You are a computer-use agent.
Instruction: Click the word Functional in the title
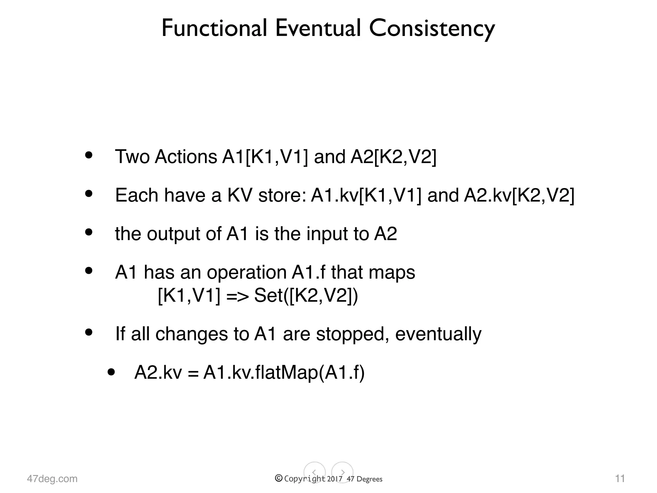(214, 28)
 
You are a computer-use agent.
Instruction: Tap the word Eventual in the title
(318, 28)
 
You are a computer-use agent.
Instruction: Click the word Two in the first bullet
(132, 157)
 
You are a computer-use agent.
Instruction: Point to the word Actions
(186, 157)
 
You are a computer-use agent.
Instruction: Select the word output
(174, 234)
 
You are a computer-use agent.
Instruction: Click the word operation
(247, 272)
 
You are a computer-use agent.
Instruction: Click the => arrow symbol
(237, 296)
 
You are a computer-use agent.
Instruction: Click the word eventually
(438, 334)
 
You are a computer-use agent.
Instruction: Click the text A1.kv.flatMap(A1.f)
(284, 373)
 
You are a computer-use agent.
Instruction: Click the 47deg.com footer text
(52, 479)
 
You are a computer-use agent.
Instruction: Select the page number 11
(620, 479)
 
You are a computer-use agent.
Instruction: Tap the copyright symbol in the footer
(279, 478)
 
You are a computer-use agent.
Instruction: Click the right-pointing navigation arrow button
(342, 472)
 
